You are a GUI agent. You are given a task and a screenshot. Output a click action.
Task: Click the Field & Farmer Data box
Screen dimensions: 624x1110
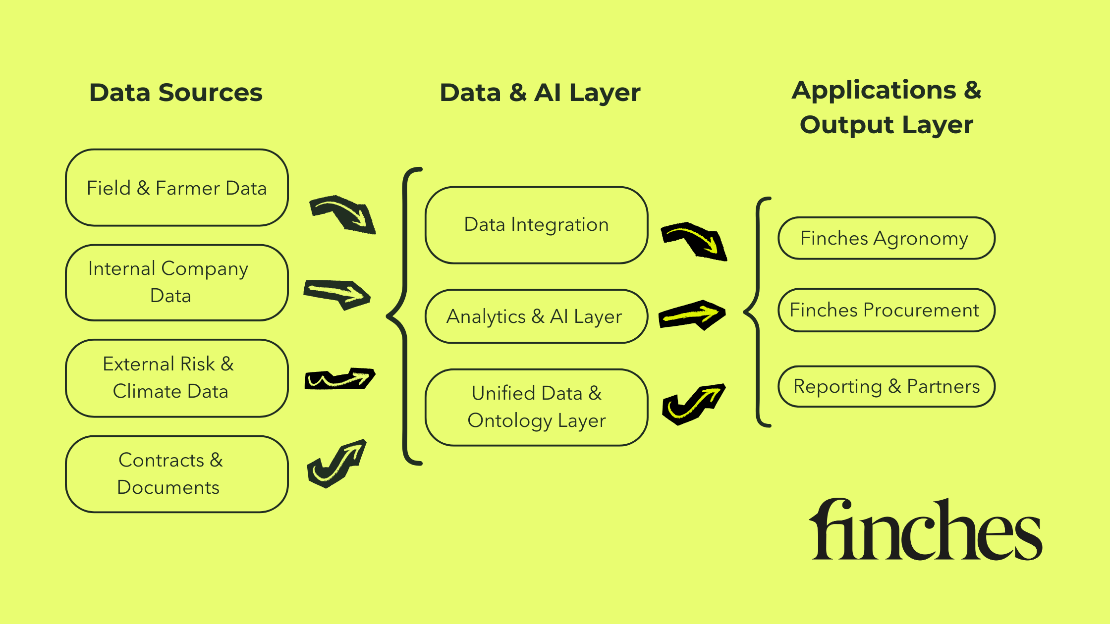(x=177, y=188)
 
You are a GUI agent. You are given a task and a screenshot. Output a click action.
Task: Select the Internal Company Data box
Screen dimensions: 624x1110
(x=177, y=282)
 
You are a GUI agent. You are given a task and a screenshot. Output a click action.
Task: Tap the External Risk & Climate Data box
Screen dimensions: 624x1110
(x=177, y=378)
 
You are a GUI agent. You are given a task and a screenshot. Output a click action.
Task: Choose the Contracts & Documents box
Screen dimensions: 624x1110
(x=177, y=474)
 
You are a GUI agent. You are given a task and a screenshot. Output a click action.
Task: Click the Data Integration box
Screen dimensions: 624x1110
(x=536, y=225)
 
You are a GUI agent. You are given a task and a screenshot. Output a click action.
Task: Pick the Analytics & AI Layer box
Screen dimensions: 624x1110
(x=536, y=316)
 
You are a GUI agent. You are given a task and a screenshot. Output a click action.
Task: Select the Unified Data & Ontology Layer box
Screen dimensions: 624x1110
(x=536, y=407)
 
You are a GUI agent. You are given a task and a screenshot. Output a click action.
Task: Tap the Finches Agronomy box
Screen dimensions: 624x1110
(x=886, y=238)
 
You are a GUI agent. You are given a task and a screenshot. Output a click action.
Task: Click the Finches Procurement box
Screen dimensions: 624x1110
(x=886, y=310)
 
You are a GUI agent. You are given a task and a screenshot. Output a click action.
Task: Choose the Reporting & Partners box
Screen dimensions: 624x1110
(x=886, y=386)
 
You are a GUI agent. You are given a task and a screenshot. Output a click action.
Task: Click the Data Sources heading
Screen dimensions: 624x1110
(x=176, y=93)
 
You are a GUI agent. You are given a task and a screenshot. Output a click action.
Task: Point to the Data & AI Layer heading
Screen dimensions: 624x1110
(x=540, y=93)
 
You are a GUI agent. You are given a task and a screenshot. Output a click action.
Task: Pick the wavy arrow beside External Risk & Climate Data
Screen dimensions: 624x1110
(x=340, y=379)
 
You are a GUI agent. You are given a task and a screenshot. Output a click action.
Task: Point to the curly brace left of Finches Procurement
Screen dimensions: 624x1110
(x=757, y=312)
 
